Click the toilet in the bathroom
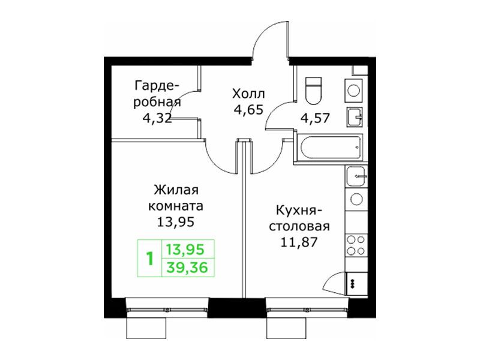pos(314,91)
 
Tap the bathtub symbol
pos(330,148)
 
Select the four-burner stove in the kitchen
pos(356,245)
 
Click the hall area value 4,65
pos(248,109)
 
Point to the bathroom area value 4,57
pos(315,118)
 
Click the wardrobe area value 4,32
pos(157,118)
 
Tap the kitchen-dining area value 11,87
pos(299,242)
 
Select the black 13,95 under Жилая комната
pos(176,221)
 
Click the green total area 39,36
pos(187,268)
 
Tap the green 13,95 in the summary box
pos(185,250)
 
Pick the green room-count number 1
pos(149,259)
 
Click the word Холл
pos(248,94)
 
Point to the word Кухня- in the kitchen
pos(299,211)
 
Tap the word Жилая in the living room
pos(176,190)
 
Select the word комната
pos(176,206)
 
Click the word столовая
pos(299,227)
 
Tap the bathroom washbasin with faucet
pos(355,116)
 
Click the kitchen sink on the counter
pos(356,176)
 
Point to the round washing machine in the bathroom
pos(354,91)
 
